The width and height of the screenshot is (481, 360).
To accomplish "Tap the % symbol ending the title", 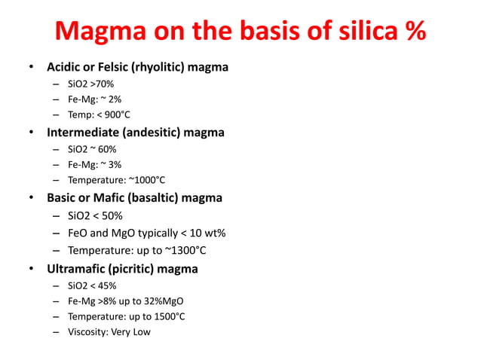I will (411, 32).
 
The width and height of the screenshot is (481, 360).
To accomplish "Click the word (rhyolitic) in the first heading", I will (158, 68).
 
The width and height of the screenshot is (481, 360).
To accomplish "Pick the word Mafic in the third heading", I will (112, 198).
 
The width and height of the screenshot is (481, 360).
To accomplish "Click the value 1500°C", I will (167, 316).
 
